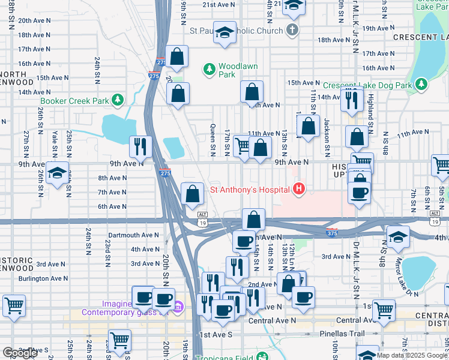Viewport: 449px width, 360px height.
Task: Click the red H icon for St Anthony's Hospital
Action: (x=299, y=190)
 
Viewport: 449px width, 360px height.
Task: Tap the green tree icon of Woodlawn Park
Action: (x=209, y=70)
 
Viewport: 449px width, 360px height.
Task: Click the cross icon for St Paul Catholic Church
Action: (x=292, y=30)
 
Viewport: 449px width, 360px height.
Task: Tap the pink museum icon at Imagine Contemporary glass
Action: (x=178, y=308)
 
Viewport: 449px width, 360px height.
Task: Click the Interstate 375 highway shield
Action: (x=331, y=232)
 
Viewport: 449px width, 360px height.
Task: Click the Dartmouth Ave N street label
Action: (x=133, y=235)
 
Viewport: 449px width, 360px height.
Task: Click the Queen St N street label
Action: (x=213, y=133)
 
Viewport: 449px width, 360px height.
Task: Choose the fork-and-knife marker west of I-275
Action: (x=140, y=146)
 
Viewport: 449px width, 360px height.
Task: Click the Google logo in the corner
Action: (x=20, y=353)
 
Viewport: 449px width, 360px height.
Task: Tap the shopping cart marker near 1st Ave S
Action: (x=120, y=340)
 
